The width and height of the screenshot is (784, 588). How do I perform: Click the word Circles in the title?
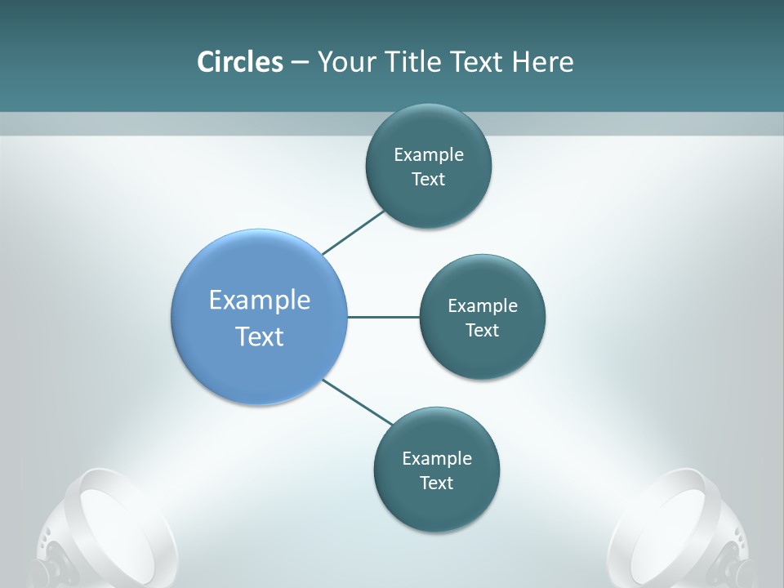tap(239, 62)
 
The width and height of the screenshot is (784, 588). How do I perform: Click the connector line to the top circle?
tap(353, 233)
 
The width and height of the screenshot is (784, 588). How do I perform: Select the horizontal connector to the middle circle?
tap(383, 317)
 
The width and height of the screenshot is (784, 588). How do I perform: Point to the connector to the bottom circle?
tap(357, 402)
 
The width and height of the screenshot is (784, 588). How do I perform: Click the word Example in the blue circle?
tap(260, 301)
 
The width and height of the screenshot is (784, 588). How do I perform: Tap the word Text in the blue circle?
tap(260, 336)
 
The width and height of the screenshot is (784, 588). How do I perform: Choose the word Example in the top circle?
tap(429, 155)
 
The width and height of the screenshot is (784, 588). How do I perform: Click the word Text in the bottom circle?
tap(436, 483)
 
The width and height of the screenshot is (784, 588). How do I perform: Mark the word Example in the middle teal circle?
tap(483, 306)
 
